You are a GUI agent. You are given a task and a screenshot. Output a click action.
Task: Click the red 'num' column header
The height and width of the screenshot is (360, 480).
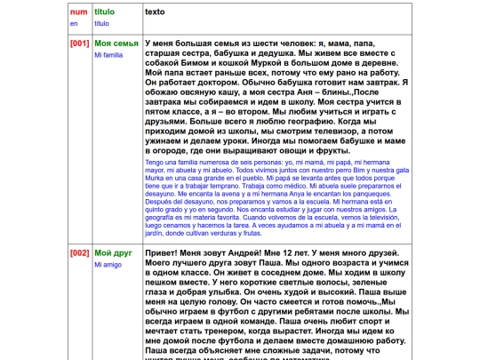pos(78,12)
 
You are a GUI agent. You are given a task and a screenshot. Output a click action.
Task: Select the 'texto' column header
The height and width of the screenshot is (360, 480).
pos(158,12)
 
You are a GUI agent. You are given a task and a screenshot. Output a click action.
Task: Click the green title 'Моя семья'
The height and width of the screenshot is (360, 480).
pos(116,44)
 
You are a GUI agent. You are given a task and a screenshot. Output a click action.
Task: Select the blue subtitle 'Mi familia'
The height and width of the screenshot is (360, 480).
pos(108,55)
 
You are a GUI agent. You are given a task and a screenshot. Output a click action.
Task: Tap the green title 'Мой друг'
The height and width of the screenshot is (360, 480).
pos(113,252)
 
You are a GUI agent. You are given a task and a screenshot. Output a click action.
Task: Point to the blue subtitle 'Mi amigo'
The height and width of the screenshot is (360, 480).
pos(108,264)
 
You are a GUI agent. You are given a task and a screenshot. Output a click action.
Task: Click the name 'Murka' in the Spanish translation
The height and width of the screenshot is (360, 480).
pos(155,184)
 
